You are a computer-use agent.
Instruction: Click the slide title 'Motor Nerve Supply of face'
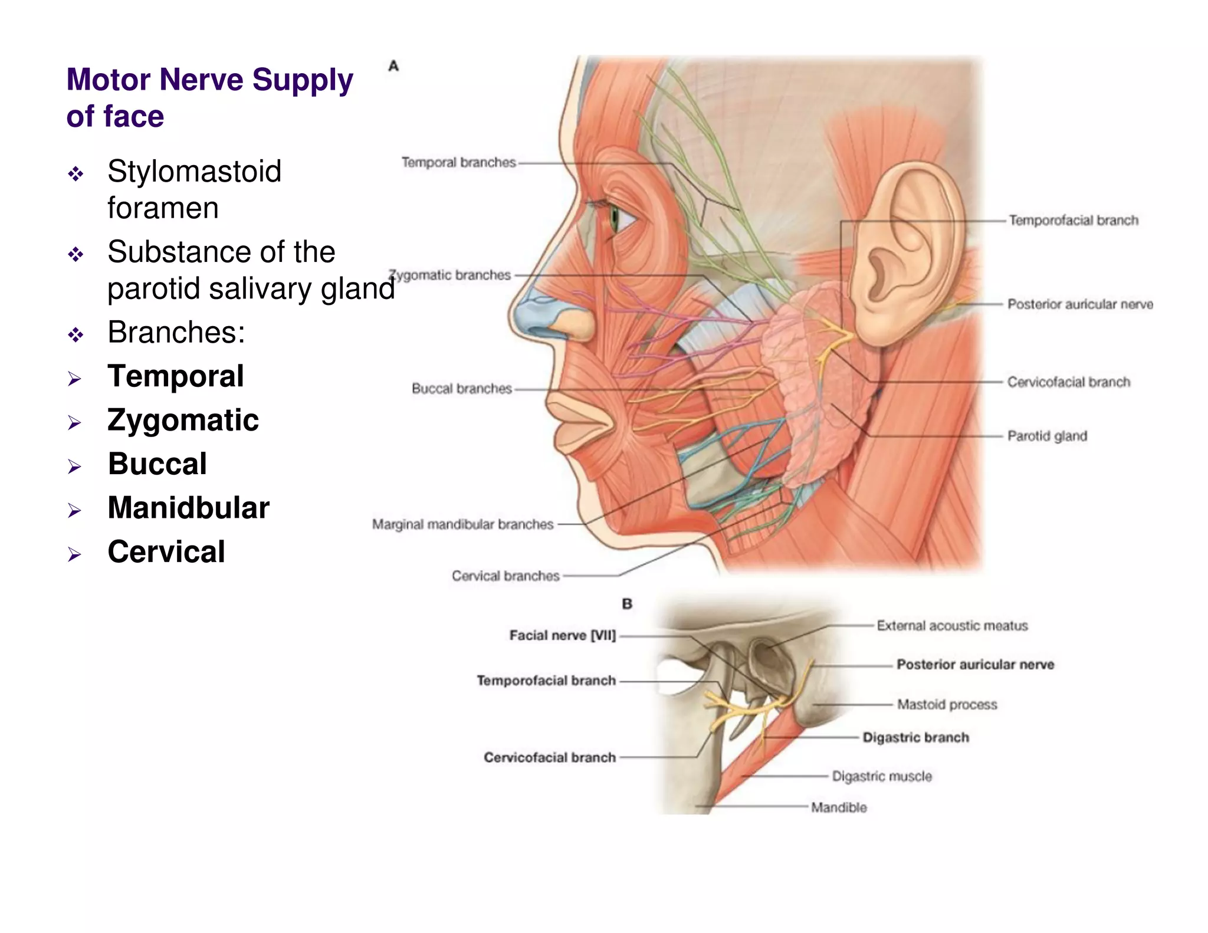pos(209,97)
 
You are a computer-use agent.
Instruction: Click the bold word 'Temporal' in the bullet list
pos(175,376)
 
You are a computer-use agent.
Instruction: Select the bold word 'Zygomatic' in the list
pos(183,420)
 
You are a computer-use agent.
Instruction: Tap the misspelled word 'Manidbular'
pos(188,508)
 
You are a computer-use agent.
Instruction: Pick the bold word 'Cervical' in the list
pos(166,552)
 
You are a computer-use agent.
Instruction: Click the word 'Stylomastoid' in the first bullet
pos(194,172)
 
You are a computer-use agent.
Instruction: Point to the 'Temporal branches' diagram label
pos(458,162)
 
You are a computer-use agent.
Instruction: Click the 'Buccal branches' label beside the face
pos(461,389)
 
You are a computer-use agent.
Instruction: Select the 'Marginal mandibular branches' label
pos(462,524)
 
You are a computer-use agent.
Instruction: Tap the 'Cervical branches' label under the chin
pos(505,576)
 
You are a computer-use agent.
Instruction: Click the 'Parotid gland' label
pos(1047,436)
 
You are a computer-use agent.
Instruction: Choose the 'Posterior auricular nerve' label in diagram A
pos(1080,304)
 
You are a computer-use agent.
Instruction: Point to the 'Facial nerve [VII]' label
pos(562,635)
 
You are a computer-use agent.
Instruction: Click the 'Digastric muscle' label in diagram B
pos(882,776)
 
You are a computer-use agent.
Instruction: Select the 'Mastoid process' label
pos(947,704)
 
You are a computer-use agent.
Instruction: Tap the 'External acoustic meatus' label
pos(952,626)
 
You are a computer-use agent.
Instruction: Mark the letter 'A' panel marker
pos(393,66)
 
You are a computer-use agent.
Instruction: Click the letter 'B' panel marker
pos(627,604)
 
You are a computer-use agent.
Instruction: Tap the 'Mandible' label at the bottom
pos(839,807)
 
